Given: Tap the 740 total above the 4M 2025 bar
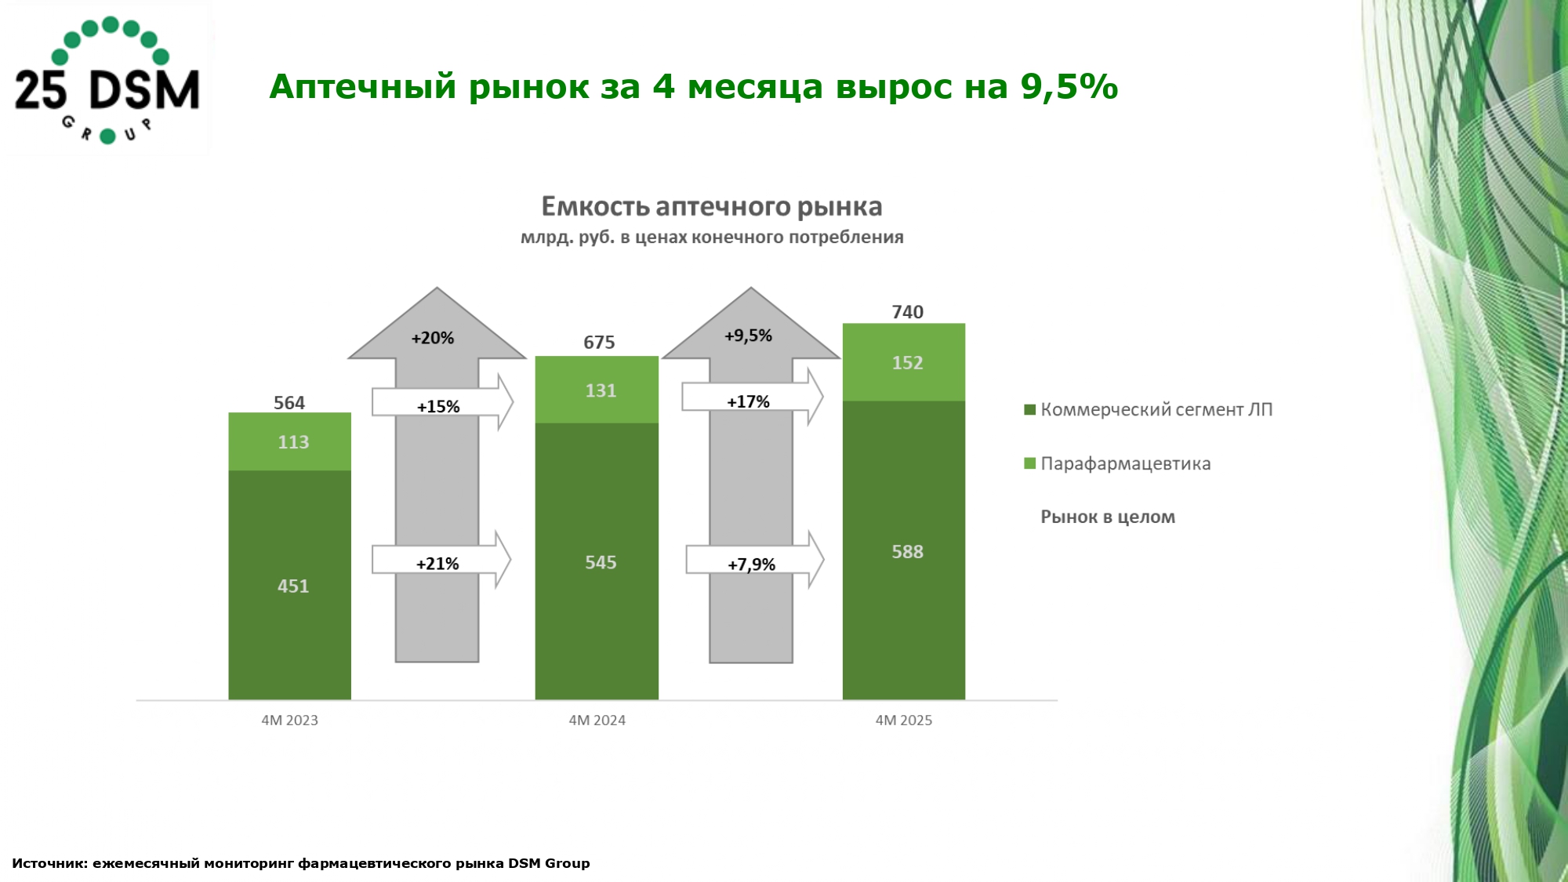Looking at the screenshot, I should click(907, 312).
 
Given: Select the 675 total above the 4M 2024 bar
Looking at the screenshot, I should click(599, 343).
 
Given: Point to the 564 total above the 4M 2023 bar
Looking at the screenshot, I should click(289, 403).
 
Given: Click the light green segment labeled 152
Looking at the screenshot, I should click(904, 362).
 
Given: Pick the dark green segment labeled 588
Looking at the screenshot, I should click(904, 551).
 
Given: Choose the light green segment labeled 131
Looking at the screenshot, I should click(597, 390).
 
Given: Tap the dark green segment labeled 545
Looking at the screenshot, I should click(597, 562).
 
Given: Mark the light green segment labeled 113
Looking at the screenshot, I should click(290, 442).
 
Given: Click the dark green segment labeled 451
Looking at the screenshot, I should click(290, 586).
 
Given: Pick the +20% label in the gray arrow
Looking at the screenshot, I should click(433, 338).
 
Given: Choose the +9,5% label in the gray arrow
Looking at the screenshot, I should click(748, 336).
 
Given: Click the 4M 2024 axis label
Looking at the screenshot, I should click(597, 720).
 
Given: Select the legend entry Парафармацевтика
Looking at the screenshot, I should click(1124, 463).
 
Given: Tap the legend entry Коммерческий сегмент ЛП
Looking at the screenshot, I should click(1155, 409).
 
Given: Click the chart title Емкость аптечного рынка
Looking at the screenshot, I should click(711, 207).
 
